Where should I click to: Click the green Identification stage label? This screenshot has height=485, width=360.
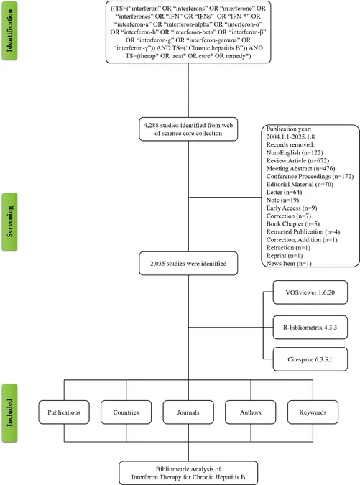point(9,30)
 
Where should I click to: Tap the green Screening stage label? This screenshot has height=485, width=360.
point(9,222)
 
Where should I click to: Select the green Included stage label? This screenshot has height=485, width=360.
point(9,413)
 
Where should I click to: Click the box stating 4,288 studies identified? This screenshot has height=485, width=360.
point(188,129)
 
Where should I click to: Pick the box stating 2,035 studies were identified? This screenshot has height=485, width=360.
point(188,264)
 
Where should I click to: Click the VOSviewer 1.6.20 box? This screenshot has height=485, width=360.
point(310,292)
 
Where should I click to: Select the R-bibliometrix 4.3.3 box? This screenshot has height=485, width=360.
point(310,327)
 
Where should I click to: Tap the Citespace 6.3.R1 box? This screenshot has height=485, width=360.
point(310,359)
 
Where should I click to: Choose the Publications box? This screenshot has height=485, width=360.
point(64,412)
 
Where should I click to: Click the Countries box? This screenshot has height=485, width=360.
point(126,412)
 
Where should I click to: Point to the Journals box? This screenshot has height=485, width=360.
point(188,412)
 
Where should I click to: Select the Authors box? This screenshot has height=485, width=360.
point(251,412)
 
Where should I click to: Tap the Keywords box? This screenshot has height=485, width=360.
point(313,412)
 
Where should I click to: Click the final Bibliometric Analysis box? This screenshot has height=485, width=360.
point(188,473)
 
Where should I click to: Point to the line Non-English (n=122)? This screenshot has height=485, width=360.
point(295,153)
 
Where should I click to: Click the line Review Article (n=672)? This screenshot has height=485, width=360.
point(297,160)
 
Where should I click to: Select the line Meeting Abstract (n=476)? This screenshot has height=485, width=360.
point(300,169)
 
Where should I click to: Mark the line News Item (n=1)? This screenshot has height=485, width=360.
point(289,264)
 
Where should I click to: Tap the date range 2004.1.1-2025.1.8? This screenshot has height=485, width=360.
point(291,137)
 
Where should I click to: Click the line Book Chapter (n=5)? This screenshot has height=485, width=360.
point(293,224)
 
